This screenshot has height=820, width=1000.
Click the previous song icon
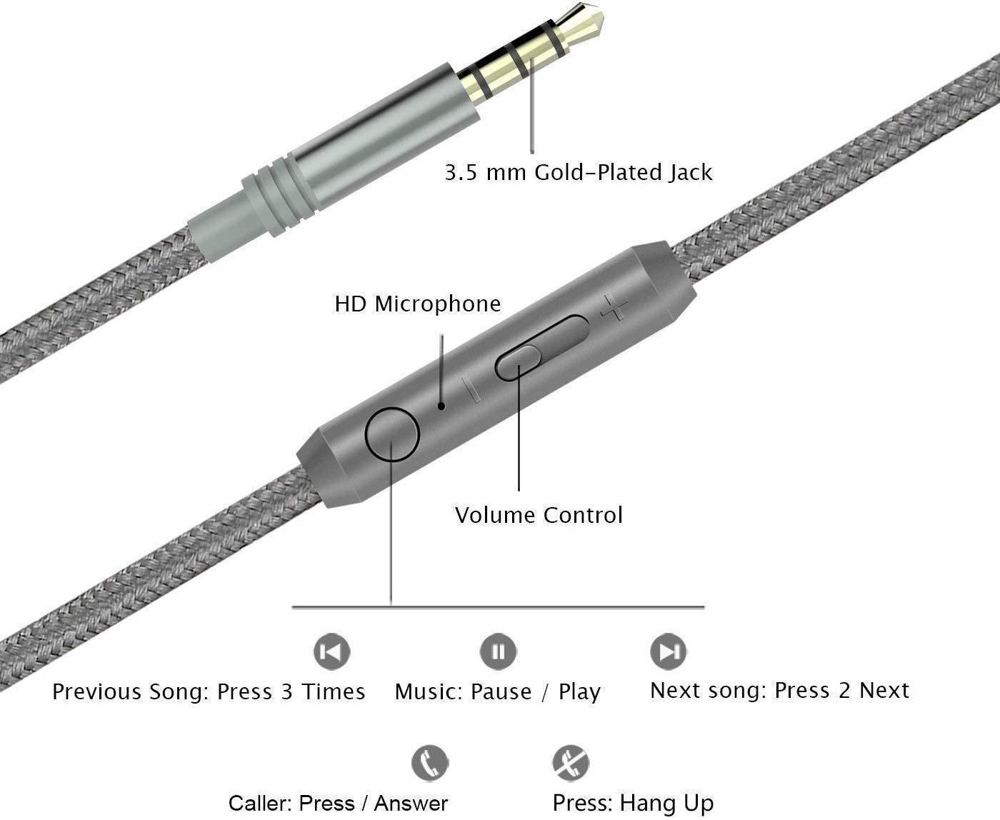point(331,651)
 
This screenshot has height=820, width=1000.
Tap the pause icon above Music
point(498,651)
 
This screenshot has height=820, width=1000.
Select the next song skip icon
point(668,651)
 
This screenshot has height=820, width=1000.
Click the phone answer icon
point(429,763)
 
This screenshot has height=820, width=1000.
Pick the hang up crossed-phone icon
point(571,763)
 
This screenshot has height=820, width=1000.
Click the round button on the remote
point(392,434)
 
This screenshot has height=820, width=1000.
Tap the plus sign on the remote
point(614,307)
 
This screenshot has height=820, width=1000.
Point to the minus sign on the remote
point(472,389)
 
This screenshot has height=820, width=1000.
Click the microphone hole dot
point(441,406)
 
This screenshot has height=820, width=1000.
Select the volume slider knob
point(517,363)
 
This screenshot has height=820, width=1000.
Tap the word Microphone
point(437,304)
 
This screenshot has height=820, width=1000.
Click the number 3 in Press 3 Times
point(286,691)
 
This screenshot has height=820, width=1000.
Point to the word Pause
point(501,691)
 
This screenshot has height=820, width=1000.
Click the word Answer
point(411,803)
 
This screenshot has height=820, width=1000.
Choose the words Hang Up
point(666,804)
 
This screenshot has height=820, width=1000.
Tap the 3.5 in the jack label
point(461,173)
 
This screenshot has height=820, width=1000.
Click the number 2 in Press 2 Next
point(844,691)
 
